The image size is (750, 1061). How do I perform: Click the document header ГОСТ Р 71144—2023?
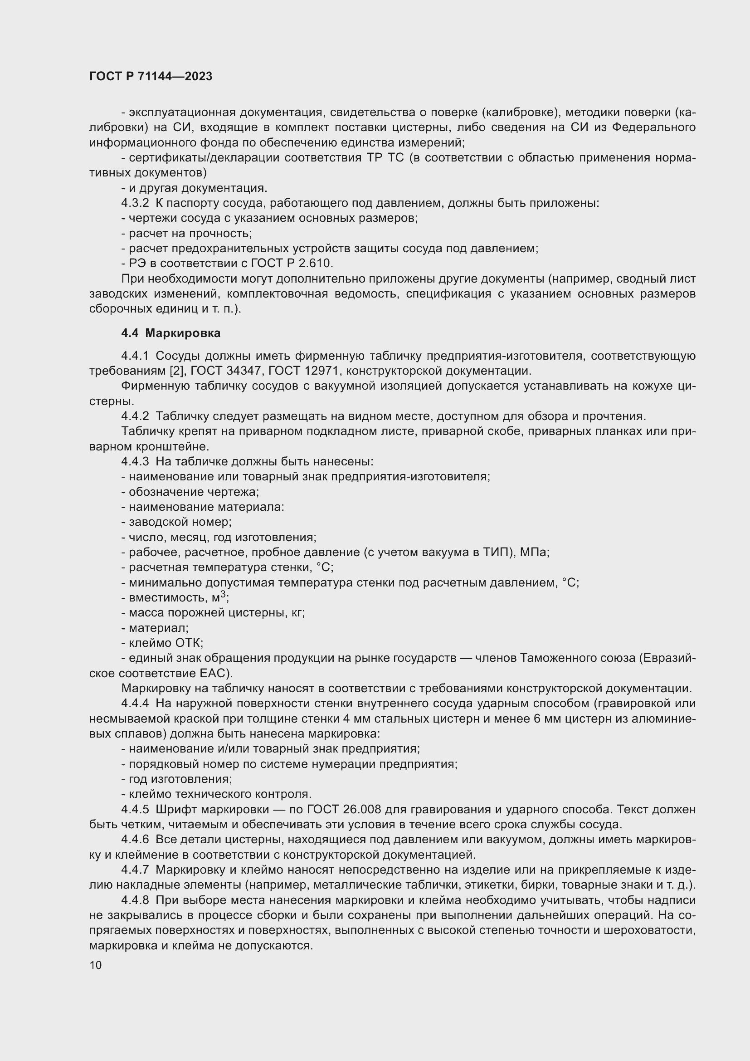(151, 76)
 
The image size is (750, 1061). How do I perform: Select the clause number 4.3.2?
(135, 203)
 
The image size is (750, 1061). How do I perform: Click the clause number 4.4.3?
(135, 462)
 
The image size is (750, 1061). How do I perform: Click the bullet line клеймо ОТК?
(163, 643)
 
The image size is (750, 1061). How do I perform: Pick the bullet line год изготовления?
(177, 779)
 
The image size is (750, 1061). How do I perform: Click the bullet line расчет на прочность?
(186, 233)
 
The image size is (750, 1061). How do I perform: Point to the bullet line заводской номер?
(177, 522)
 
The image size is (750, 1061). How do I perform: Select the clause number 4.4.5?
(135, 810)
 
